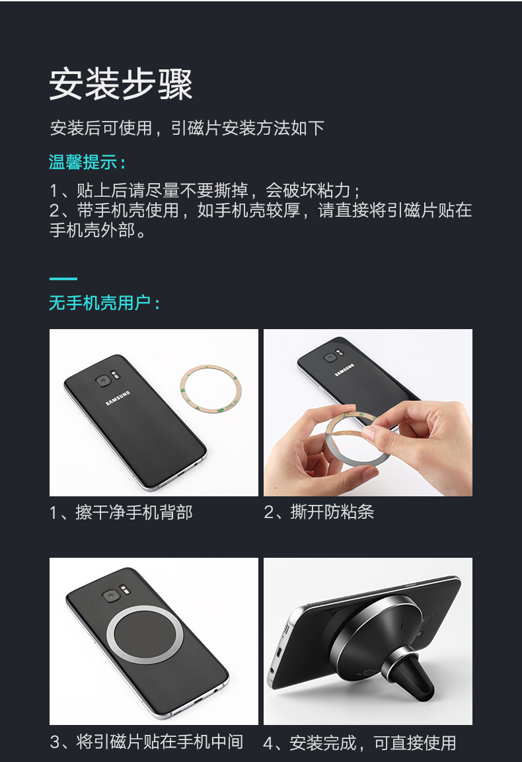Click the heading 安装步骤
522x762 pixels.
pos(121,84)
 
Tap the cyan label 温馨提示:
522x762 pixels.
pos(87,162)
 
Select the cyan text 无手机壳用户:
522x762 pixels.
pos(104,303)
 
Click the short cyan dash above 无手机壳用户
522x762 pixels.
pos(63,279)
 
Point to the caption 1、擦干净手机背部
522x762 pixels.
pos(121,512)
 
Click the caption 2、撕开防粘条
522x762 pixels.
pos(319,512)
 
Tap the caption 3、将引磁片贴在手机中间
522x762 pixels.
pos(147,742)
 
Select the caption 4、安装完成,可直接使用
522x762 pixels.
pos(360,742)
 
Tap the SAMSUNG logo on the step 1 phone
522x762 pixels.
pos(118,401)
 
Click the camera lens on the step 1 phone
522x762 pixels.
pos(102,381)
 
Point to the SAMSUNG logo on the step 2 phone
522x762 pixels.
pos(344,373)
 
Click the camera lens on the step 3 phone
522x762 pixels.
pos(109,595)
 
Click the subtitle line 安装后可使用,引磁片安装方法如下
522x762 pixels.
pos(187,128)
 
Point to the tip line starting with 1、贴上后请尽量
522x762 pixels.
pos(205,191)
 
